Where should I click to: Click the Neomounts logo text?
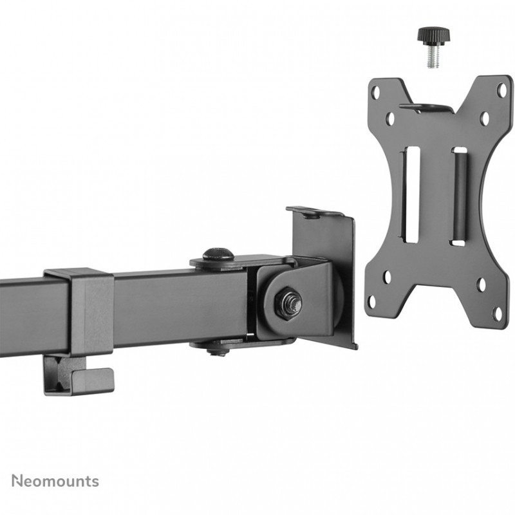[55, 481]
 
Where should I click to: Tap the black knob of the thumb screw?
[433, 35]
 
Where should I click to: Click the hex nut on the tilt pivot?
[288, 301]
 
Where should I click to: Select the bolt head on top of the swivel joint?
[218, 254]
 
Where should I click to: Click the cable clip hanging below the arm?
[79, 376]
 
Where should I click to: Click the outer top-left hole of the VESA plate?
[377, 92]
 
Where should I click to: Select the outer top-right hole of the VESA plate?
[502, 89]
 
